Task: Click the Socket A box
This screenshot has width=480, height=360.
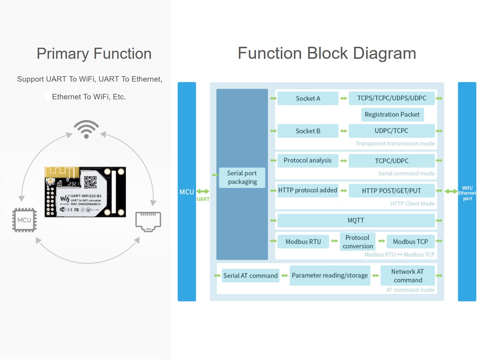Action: click(308, 98)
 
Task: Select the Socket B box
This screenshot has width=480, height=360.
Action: click(308, 131)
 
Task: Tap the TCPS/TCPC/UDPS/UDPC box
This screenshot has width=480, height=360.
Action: click(391, 98)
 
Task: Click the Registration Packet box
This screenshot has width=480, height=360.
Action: click(392, 115)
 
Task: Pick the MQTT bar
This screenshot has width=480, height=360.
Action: click(356, 220)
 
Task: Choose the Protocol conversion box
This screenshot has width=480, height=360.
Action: click(358, 242)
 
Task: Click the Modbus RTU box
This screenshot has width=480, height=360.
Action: click(303, 242)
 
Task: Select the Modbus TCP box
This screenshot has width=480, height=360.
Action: click(410, 242)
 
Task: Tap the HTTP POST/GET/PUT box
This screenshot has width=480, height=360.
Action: click(391, 191)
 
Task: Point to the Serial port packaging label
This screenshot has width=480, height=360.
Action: click(242, 178)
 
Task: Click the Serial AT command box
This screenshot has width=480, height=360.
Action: click(250, 276)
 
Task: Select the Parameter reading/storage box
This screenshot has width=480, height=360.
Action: click(330, 275)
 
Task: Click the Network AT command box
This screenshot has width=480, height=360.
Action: click(407, 276)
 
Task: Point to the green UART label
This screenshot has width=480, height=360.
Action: click(203, 199)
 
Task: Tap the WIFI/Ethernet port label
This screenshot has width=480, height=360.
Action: click(467, 193)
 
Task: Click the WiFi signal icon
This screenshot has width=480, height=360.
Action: click(86, 129)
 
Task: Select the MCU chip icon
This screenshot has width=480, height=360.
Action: click(24, 220)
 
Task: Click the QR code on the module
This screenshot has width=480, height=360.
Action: click(90, 182)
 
